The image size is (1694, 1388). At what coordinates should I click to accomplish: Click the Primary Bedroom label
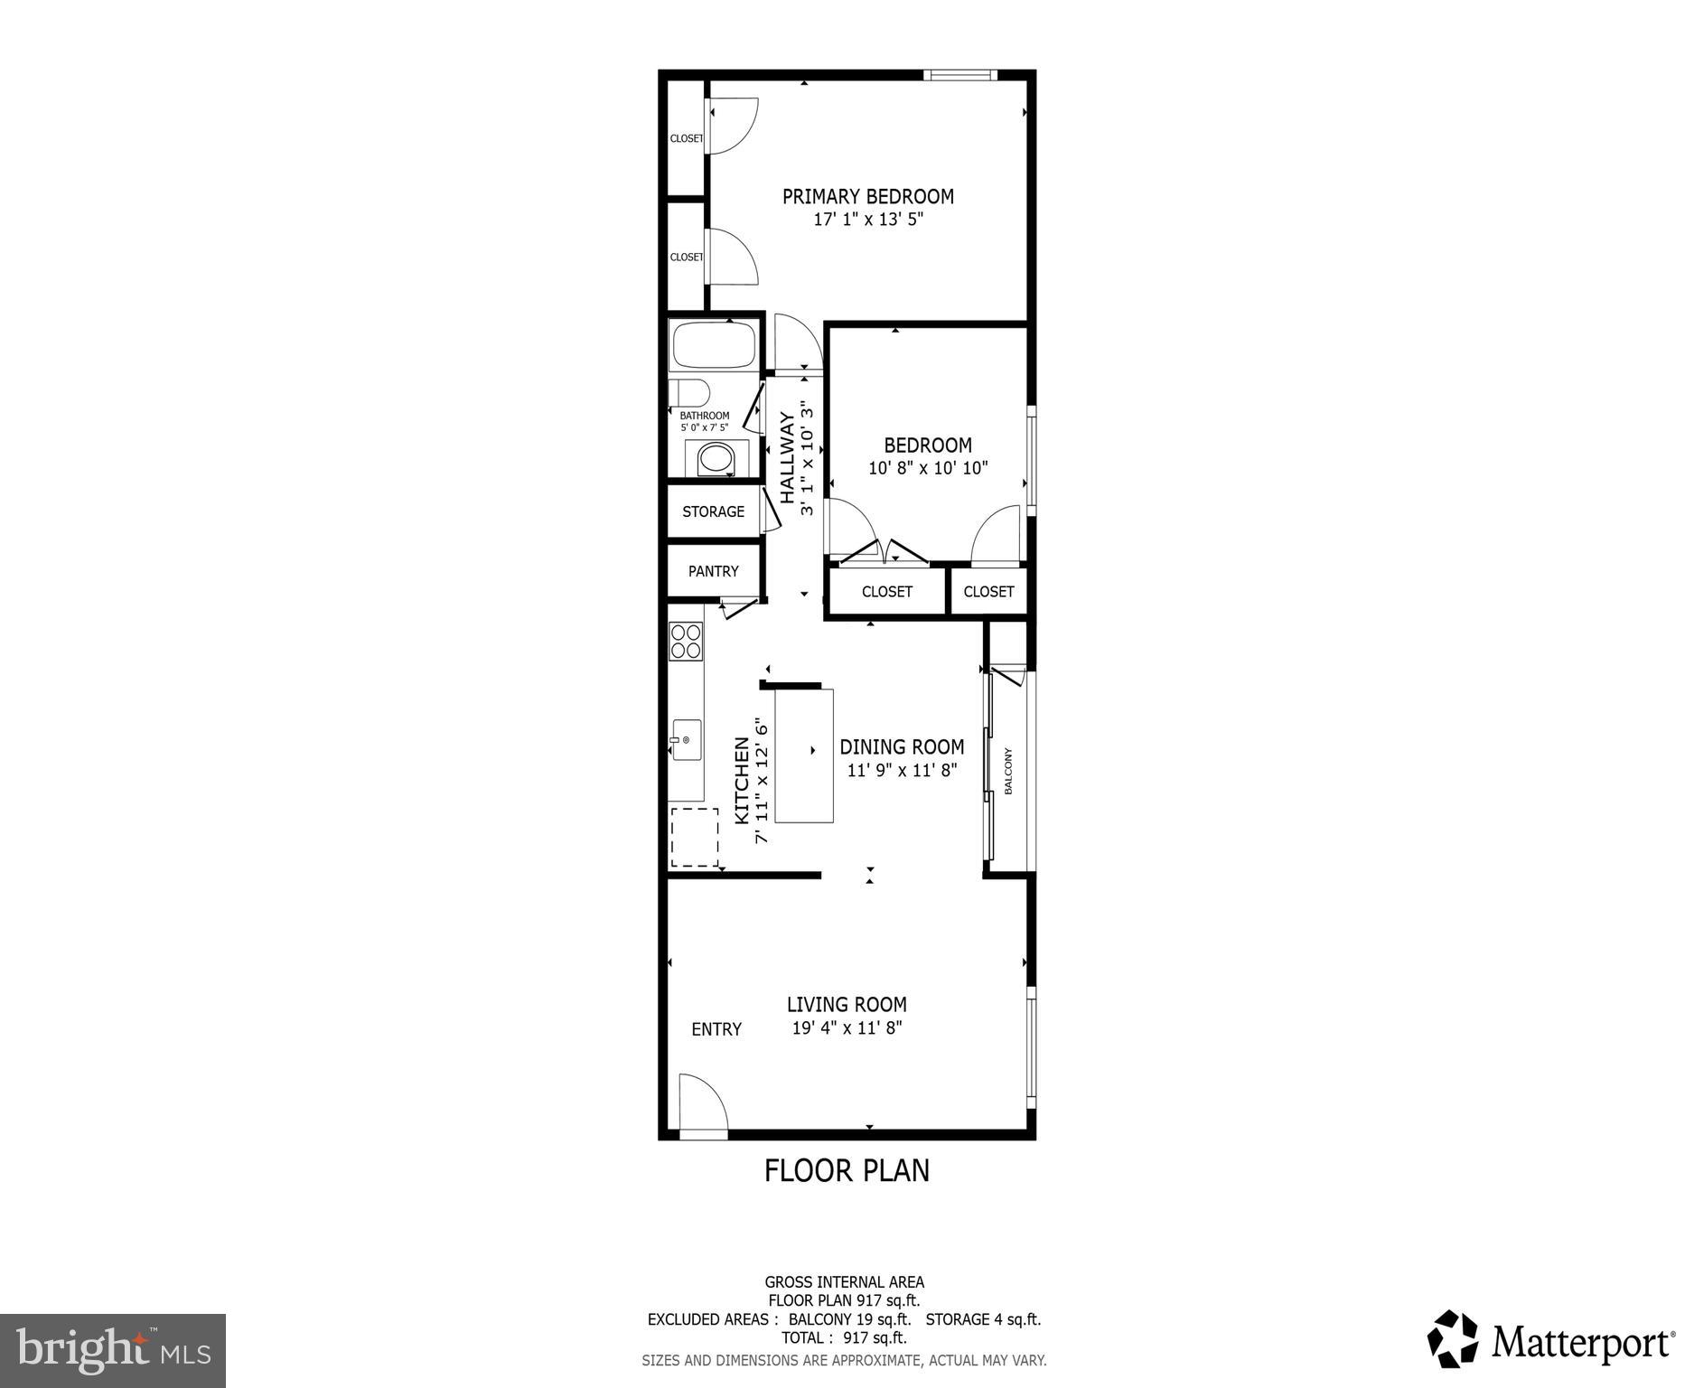point(867,196)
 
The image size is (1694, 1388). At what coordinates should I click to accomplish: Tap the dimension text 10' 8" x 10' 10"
point(928,468)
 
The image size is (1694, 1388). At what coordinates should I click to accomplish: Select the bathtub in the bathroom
point(713,345)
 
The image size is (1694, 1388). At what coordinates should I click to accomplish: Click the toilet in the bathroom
point(688,393)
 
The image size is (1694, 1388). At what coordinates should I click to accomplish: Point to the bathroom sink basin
point(716,458)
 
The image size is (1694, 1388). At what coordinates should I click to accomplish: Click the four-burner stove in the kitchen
point(686,641)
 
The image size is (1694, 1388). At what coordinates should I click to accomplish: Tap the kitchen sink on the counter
point(686,740)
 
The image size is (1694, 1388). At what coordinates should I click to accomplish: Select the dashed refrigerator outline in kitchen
point(694,838)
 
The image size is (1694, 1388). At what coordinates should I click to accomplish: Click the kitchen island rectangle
point(804,755)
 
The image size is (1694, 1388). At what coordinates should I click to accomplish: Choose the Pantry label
point(713,571)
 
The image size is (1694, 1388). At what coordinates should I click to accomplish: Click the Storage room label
point(713,511)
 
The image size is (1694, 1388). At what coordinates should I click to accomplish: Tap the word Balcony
point(1008,771)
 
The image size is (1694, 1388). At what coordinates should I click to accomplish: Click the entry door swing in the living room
point(702,1102)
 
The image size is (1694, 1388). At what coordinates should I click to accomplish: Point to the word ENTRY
point(716,1029)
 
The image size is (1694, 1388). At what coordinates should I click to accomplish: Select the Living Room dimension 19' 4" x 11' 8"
point(847,1027)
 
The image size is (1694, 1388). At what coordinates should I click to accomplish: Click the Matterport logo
point(1550,1342)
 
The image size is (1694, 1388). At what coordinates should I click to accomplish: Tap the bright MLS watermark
point(113,1350)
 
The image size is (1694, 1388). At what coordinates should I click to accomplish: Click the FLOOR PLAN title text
point(847,1170)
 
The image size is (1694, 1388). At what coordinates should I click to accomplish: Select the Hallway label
point(788,458)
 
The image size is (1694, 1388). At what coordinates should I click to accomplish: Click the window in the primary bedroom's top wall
point(959,75)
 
